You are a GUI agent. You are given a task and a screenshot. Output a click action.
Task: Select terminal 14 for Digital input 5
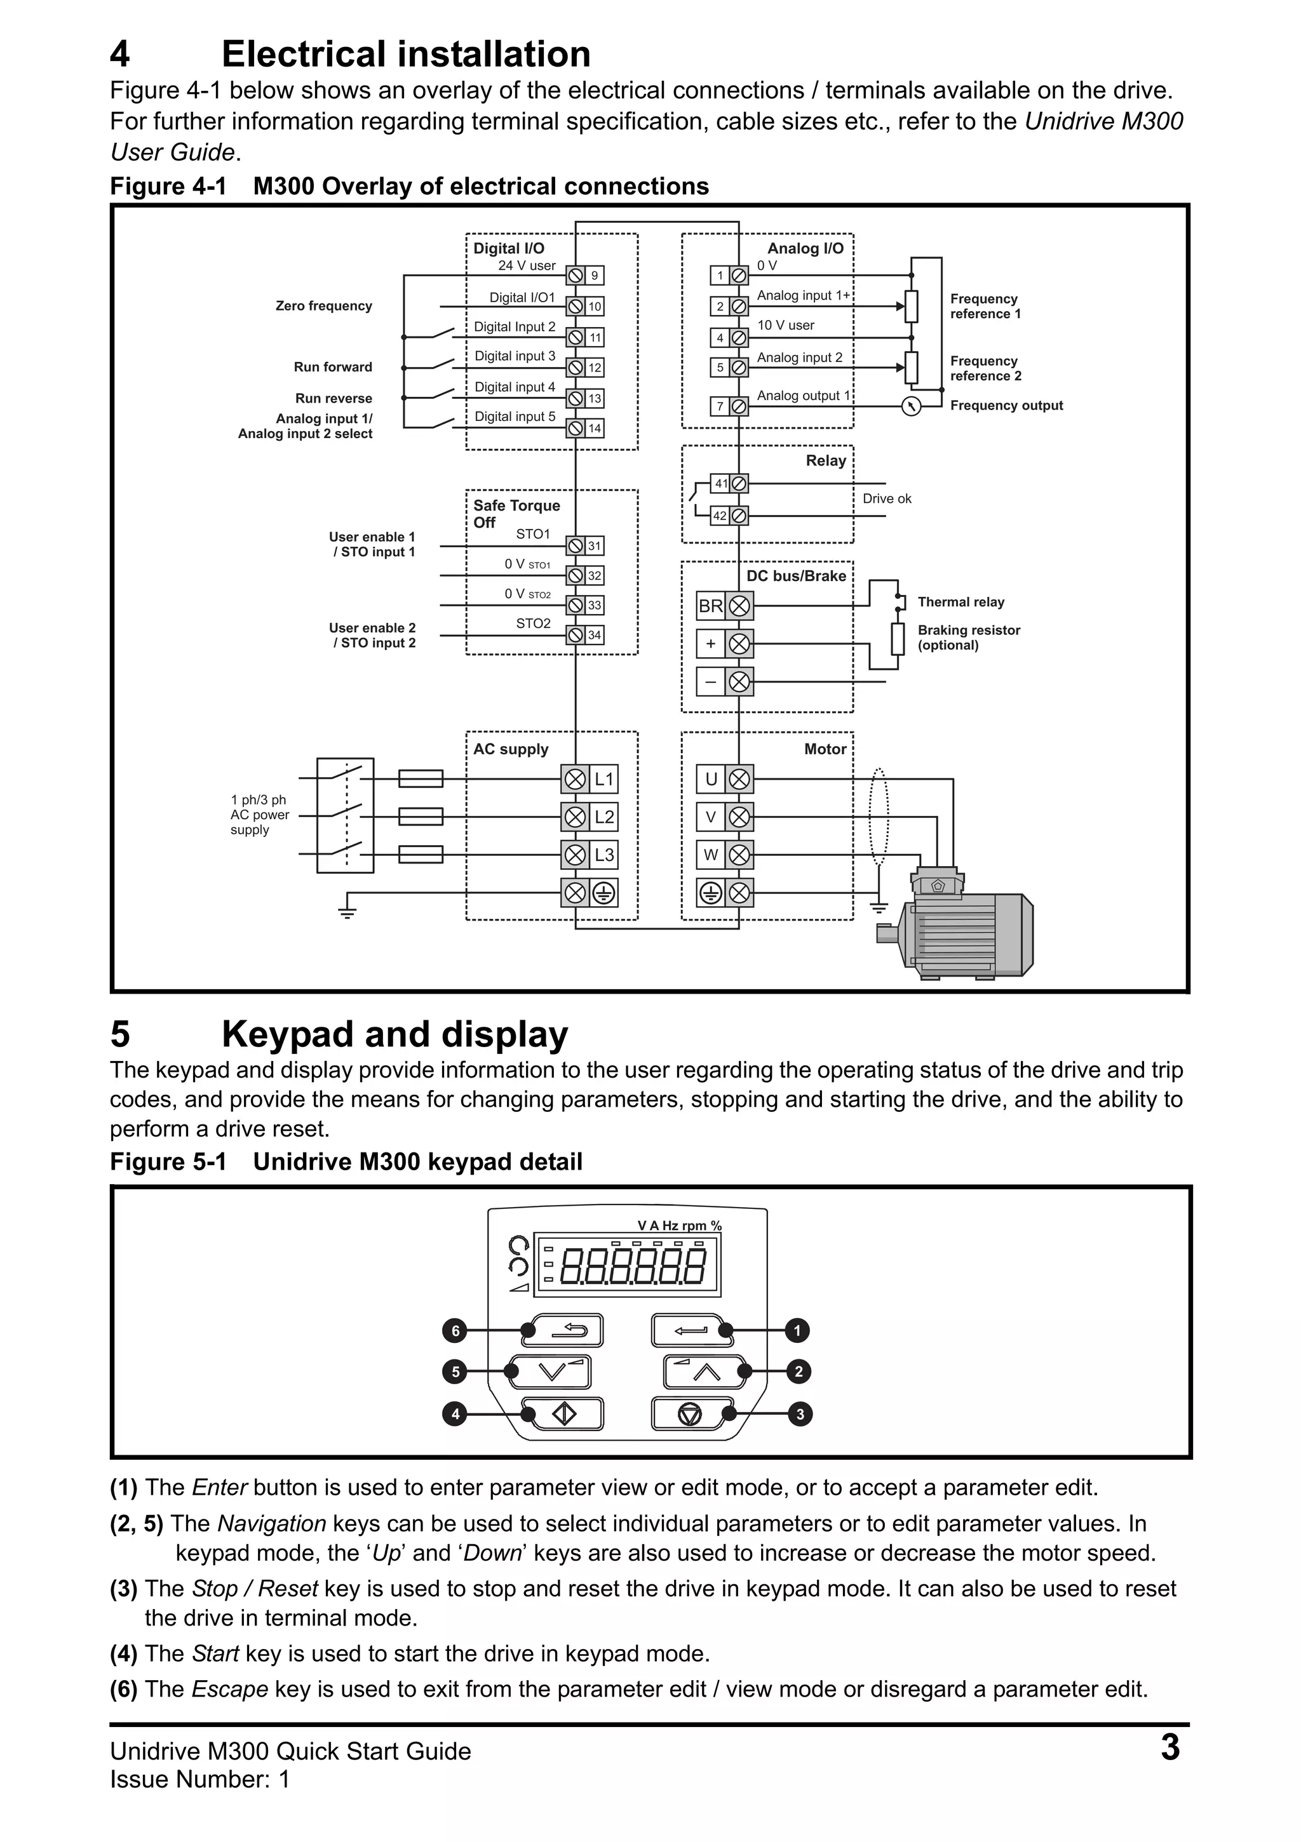coord(594,429)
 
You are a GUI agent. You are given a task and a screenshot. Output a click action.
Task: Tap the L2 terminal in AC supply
coord(603,817)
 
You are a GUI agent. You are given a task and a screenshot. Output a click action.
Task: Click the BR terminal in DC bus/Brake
coord(710,606)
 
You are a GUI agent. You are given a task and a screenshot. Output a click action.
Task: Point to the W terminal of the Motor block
coord(710,855)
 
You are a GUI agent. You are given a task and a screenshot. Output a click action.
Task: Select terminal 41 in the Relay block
coord(721,484)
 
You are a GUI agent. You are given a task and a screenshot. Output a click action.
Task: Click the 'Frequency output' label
coord(1006,406)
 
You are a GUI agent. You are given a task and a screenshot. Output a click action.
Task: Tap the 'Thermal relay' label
coord(961,602)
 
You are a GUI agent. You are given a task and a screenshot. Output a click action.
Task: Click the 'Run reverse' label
coord(333,399)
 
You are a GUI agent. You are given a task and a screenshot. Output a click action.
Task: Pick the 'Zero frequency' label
coord(323,305)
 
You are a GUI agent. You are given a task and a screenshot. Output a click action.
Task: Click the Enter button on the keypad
coord(691,1331)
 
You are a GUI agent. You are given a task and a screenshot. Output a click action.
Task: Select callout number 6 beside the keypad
coord(455,1331)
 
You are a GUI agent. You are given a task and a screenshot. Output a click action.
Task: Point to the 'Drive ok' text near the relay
coord(886,499)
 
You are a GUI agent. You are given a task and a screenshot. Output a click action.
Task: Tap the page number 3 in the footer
coord(1170,1748)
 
